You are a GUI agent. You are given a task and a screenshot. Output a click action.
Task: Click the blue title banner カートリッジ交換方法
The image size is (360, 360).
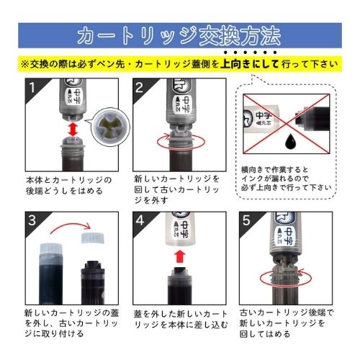click(x=180, y=35)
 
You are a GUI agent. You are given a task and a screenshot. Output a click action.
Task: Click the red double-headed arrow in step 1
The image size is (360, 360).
click(x=73, y=130)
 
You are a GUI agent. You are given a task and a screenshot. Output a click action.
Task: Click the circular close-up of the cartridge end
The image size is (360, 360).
click(x=111, y=127)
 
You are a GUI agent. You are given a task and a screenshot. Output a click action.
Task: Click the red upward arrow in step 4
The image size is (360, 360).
click(x=180, y=257)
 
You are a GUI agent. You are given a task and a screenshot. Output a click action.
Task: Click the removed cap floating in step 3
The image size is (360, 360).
click(x=93, y=238)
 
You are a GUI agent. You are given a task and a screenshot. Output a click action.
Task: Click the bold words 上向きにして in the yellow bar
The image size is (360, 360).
click(x=250, y=64)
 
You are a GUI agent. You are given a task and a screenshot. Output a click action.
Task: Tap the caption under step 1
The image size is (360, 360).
click(x=68, y=186)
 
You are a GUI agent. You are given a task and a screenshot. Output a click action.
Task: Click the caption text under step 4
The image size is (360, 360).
click(x=181, y=319)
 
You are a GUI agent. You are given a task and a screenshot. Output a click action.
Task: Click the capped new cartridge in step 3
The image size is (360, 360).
click(x=51, y=274)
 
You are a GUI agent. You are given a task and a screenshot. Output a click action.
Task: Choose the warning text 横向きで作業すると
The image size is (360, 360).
click(x=274, y=170)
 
